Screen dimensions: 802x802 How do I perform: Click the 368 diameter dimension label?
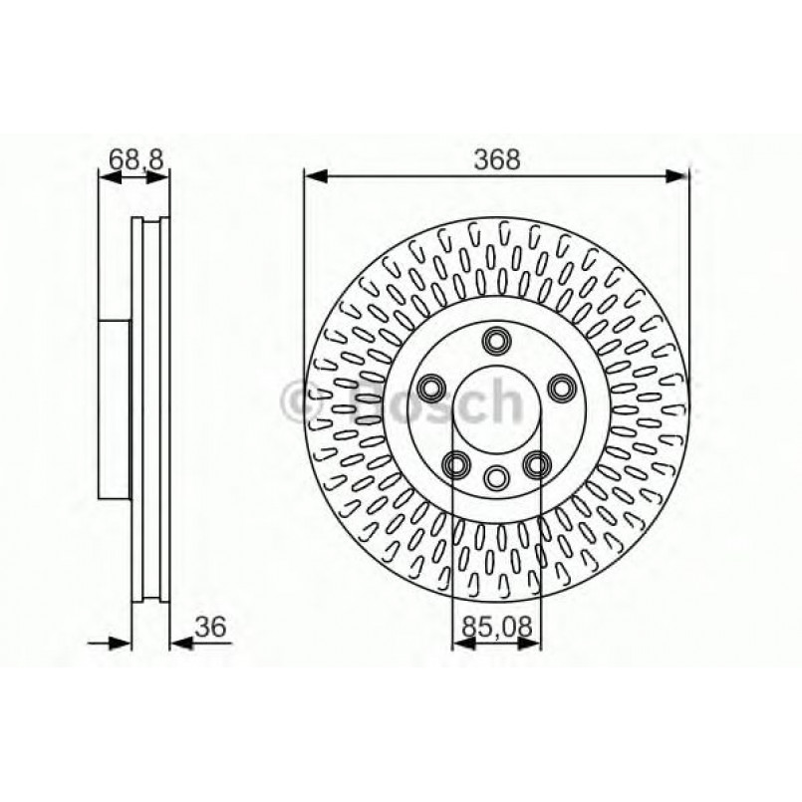pos(496,159)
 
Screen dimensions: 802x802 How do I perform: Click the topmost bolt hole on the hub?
pos(496,342)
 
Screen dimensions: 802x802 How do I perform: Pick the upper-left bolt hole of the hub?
pos(432,387)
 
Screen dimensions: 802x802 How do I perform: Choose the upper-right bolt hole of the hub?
pos(560,387)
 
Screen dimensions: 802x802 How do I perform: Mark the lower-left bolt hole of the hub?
pos(456,462)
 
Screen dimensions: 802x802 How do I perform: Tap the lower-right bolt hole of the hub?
pos(537,462)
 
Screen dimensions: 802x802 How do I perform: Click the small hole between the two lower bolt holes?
pos(496,477)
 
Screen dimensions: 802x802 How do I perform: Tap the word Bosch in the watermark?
pos(438,401)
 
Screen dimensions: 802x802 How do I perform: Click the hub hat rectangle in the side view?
pos(116,408)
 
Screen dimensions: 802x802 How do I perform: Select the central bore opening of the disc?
pos(496,408)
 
